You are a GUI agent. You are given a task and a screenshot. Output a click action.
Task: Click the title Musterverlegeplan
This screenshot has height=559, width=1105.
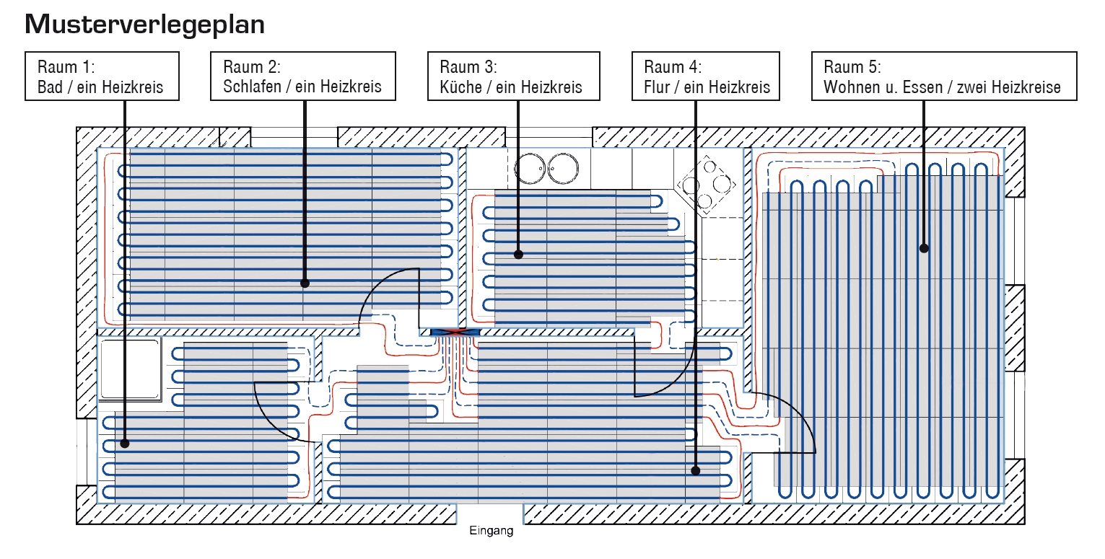click(x=144, y=25)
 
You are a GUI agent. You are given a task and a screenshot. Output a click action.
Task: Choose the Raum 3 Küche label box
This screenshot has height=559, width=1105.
click(x=512, y=77)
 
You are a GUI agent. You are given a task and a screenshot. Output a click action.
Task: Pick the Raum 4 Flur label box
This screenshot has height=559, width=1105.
click(x=705, y=77)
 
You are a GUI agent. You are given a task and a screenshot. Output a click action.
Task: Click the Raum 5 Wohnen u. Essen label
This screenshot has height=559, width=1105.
click(x=943, y=77)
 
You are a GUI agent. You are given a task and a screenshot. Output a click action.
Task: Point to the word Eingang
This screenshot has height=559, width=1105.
click(x=491, y=532)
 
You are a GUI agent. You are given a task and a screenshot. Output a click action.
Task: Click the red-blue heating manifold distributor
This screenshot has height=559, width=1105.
click(x=455, y=332)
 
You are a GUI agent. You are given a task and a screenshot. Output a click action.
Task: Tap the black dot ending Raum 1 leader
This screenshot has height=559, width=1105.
click(x=125, y=444)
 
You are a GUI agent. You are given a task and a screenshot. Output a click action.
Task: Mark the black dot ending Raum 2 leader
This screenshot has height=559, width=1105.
click(x=305, y=283)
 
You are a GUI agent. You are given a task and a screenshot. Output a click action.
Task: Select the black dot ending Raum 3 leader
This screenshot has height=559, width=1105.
click(x=518, y=254)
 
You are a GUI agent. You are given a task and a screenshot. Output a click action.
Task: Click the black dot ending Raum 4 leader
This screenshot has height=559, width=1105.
click(x=696, y=470)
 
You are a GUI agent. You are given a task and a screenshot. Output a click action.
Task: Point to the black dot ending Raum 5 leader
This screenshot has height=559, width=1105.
click(x=923, y=248)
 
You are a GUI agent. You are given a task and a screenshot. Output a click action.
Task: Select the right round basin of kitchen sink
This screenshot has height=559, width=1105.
click(x=563, y=169)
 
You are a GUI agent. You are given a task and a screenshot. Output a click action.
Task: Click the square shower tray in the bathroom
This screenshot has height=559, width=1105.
click(x=130, y=370)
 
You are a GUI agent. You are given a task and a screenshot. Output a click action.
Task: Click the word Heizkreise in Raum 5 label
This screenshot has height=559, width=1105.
click(x=1026, y=87)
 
